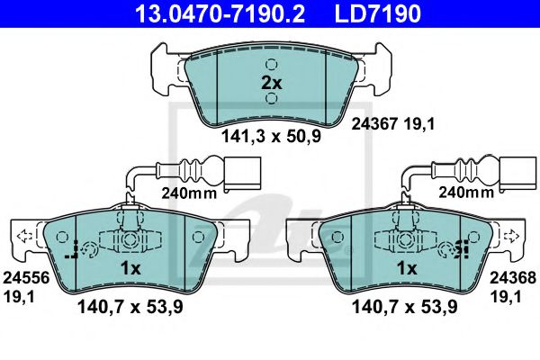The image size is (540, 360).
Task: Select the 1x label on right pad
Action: pos(407,269)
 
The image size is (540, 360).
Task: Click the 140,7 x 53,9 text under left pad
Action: pos(128,308)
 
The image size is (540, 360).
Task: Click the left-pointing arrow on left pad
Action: pos(23,237)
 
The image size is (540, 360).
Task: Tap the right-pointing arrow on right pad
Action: pos(515,237)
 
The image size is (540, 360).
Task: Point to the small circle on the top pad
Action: pos(271,64)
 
